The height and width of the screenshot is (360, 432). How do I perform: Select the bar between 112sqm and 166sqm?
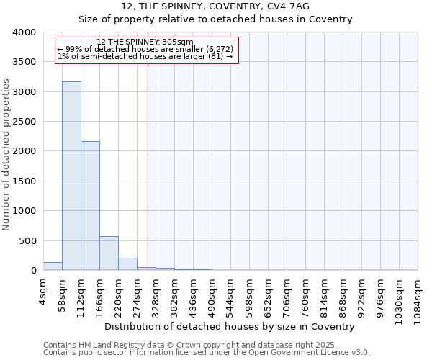90,206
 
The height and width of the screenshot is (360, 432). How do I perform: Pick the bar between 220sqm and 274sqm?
127,264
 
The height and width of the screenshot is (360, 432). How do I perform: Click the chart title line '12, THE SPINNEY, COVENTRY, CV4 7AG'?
215,6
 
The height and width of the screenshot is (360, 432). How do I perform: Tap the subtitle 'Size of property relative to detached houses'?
215,19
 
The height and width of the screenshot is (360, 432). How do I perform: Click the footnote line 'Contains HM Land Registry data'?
205,345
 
